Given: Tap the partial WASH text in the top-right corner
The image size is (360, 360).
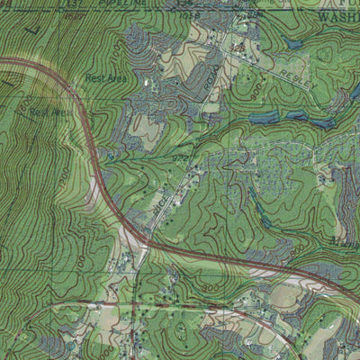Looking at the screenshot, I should click(x=337, y=15).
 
